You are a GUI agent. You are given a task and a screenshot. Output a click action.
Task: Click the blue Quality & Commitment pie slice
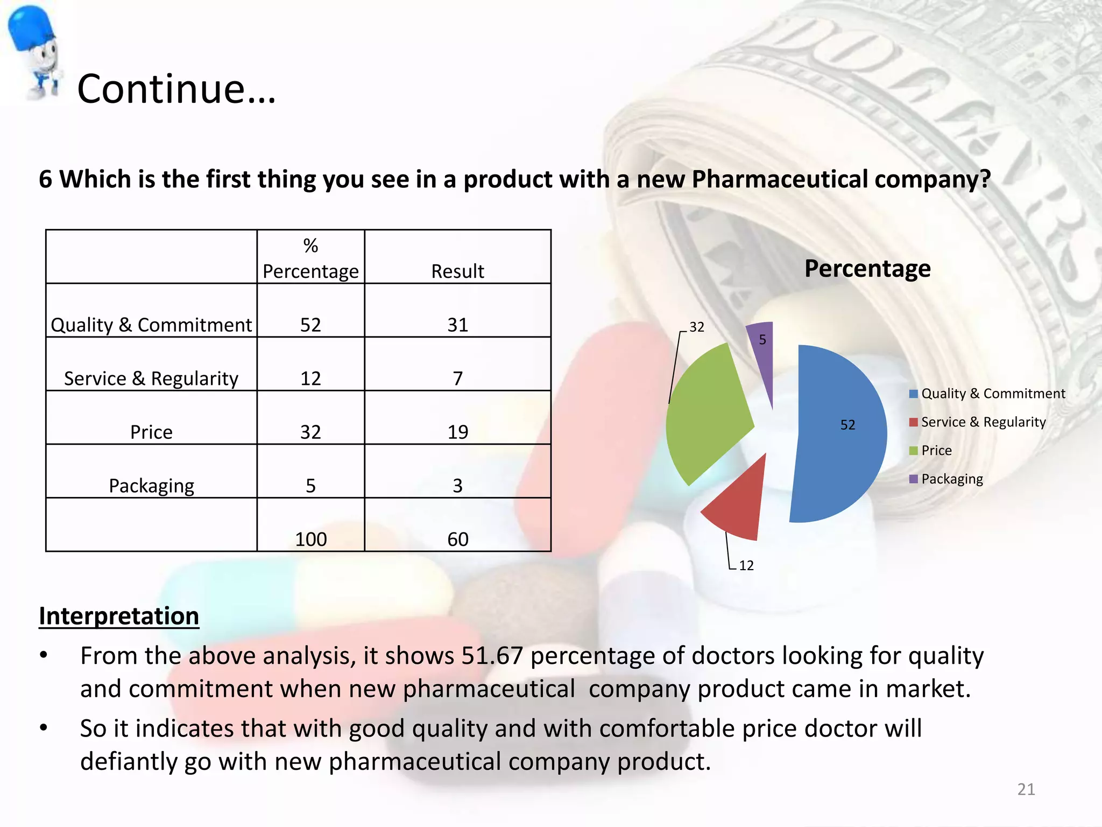839,436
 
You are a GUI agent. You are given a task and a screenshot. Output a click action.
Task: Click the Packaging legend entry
951,479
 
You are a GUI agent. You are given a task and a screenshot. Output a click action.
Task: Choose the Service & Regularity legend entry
983,422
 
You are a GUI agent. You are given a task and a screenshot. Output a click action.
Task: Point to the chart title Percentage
867,268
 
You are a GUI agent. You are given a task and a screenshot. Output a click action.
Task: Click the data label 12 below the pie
746,565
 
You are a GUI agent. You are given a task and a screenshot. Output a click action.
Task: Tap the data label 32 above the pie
697,327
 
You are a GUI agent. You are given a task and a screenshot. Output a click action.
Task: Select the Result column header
457,271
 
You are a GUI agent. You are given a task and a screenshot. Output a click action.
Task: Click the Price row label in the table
151,432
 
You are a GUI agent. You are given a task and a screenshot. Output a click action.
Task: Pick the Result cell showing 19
457,432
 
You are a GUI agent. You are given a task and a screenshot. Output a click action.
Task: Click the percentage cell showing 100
310,539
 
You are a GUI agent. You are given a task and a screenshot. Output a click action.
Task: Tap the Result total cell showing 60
457,539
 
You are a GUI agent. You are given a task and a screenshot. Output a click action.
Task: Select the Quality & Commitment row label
151,325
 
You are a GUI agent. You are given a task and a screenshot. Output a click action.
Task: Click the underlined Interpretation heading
119,616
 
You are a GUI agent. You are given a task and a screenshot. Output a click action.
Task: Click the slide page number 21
1026,789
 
